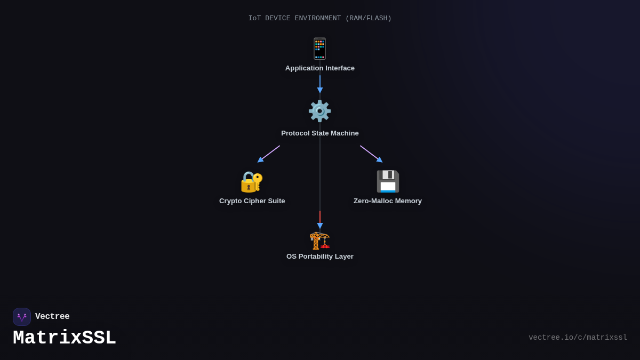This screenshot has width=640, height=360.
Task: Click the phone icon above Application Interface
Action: tap(319, 49)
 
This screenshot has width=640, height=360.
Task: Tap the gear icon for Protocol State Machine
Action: tap(319, 111)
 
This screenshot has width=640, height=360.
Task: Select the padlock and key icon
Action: tap(252, 181)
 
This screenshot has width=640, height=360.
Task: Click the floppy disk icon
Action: tap(388, 181)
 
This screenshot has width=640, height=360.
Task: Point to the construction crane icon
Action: tap(320, 240)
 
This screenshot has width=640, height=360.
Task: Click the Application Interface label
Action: tap(320, 68)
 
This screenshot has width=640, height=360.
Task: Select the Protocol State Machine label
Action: tap(320, 133)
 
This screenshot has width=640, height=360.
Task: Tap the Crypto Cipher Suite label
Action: tap(252, 201)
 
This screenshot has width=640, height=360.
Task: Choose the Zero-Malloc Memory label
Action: tap(388, 201)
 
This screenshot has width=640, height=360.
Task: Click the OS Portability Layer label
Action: tap(320, 257)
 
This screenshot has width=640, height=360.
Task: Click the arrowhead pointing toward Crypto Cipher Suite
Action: tap(260, 159)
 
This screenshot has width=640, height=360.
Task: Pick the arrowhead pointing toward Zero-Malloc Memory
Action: tap(380, 159)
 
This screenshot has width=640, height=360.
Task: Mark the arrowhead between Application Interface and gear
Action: tap(320, 90)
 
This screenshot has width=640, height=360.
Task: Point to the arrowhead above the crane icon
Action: tap(320, 226)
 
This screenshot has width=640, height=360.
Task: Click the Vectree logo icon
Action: tap(22, 317)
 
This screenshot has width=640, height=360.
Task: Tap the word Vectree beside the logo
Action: tap(52, 317)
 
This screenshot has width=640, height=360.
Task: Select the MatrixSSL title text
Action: tap(65, 338)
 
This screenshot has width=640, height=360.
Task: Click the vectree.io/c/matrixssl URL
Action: tap(578, 338)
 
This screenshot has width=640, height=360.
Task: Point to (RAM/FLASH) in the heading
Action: tap(368, 19)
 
